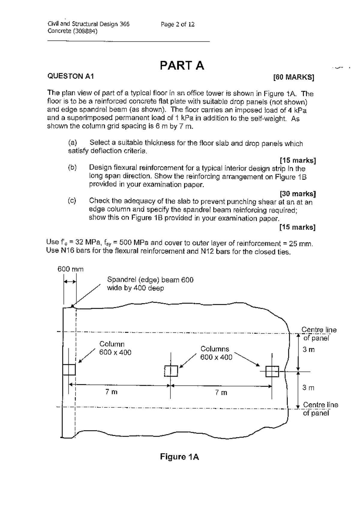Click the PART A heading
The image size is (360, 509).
[x=182, y=66]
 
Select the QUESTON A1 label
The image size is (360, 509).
[x=71, y=76]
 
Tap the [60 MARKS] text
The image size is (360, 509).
[x=294, y=77]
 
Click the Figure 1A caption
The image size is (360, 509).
[x=179, y=457]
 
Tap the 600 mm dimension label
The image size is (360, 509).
[x=70, y=269]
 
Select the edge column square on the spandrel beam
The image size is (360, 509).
[x=69, y=370]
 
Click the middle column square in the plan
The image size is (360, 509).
[x=171, y=371]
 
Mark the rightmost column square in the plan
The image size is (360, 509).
[x=272, y=372]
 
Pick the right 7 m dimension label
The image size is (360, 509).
[x=221, y=392]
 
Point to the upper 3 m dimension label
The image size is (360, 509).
[x=308, y=350]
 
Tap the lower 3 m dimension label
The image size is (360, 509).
[x=308, y=388]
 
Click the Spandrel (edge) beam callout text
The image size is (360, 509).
[x=150, y=284]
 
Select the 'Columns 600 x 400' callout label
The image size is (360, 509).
[x=216, y=353]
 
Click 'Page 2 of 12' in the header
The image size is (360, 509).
[x=178, y=24]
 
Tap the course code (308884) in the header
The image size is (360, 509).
[x=87, y=31]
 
